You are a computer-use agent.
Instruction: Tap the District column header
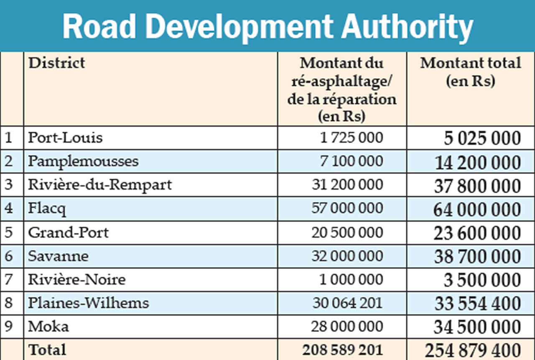pos(56,63)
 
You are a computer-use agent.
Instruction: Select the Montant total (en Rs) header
pos(471,71)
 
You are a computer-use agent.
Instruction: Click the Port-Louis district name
pos(65,138)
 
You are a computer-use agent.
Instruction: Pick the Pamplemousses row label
pos(83,161)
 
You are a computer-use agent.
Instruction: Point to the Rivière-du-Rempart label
pos(100,185)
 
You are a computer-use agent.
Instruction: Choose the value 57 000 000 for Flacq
pos(347,208)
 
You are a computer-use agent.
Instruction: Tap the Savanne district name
pos(58,256)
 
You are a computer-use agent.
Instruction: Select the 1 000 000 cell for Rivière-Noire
pos(351,279)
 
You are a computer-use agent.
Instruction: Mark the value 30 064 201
pos(347,303)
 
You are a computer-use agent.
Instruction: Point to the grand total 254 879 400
pos(473,350)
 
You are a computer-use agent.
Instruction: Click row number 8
pos(9,303)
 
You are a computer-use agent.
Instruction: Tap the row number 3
pos(9,185)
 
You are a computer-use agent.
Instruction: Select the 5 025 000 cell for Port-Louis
pos(482,138)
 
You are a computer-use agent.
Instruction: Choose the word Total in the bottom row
pos(47,350)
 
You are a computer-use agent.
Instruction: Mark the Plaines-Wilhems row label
pos(88,303)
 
